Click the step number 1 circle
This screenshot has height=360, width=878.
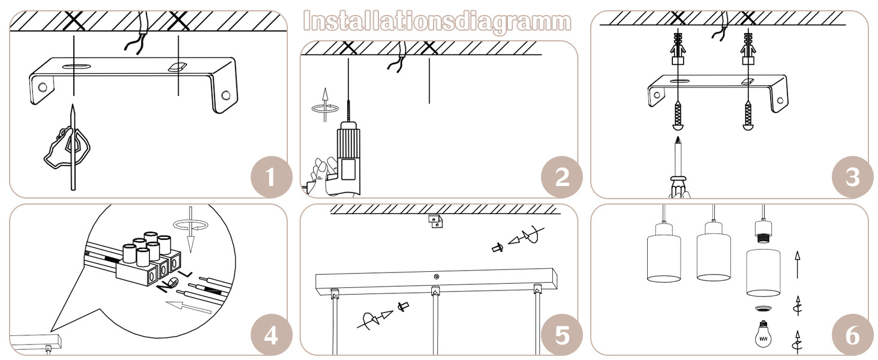click(271, 177)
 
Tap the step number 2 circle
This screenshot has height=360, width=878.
click(562, 177)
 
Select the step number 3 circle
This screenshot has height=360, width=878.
click(853, 177)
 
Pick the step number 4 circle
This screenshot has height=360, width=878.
click(271, 335)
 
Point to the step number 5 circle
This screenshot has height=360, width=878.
click(562, 335)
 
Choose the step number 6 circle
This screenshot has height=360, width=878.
click(853, 335)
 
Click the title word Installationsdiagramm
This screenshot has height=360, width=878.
click(437, 22)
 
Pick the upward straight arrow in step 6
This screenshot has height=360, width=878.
click(797, 265)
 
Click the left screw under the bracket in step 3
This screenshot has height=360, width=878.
click(678, 115)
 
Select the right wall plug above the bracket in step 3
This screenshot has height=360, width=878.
click(748, 49)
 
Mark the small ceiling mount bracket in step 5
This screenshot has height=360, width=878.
click(435, 221)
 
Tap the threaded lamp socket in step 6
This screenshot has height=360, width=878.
click(763, 232)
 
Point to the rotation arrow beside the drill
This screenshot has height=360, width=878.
click(324, 108)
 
